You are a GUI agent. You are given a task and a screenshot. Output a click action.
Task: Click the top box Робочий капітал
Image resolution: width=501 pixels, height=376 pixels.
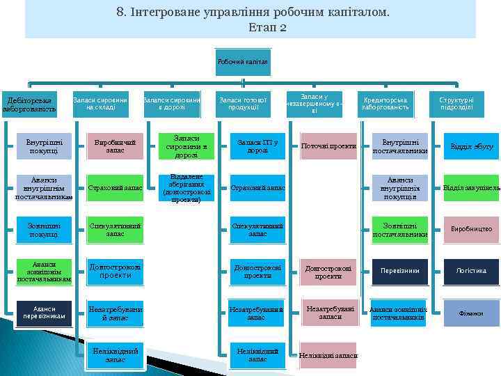[242, 63]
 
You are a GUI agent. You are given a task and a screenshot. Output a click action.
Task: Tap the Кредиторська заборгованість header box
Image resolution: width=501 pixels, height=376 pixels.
[384, 104]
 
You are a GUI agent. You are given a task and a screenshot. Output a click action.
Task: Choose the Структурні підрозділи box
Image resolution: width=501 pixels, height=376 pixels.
[456, 104]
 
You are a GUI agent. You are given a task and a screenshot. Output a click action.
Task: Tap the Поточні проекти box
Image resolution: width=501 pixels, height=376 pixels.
[328, 146]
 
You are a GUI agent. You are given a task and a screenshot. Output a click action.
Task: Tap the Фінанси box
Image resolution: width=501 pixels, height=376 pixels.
[471, 313]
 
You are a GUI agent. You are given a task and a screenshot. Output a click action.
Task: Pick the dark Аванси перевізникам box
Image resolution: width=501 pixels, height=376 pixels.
[44, 313]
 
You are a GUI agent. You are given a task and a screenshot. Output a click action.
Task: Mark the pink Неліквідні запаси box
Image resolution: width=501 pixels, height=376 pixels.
[328, 355]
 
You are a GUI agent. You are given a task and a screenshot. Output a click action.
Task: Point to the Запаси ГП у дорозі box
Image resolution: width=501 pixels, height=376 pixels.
[257, 146]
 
